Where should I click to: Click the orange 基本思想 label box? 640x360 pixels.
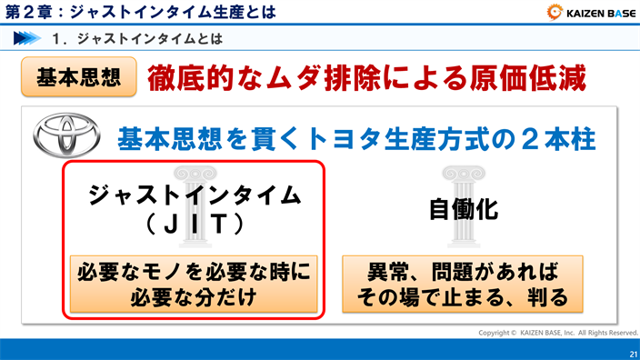78,77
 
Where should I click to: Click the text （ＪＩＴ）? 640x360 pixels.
193,223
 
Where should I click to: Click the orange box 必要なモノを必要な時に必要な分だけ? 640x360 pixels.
194,284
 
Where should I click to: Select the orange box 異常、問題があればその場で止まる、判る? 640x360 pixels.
463,284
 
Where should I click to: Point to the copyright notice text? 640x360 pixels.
558,333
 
